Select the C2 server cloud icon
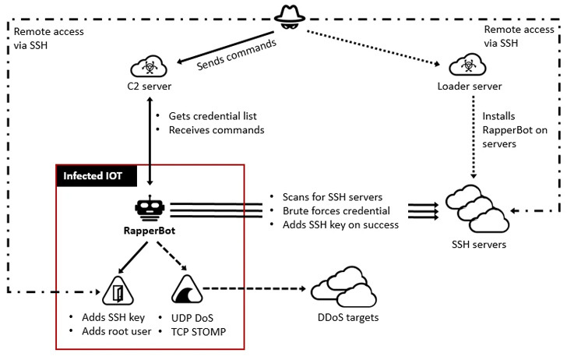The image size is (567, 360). [x=149, y=66]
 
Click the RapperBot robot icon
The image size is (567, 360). [x=150, y=208]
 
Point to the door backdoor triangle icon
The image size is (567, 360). [x=118, y=291]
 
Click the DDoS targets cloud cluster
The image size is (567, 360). [x=344, y=288]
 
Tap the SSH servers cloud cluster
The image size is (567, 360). [x=477, y=209]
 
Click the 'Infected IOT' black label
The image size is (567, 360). [x=97, y=176]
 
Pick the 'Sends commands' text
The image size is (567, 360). [x=237, y=55]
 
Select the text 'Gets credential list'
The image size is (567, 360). [x=213, y=116]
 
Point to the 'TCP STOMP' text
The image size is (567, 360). [x=199, y=332]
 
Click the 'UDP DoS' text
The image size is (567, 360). [x=192, y=318]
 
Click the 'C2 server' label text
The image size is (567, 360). [x=150, y=86]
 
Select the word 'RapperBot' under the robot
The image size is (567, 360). [x=150, y=231]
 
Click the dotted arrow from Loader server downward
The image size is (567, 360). [x=474, y=137]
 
